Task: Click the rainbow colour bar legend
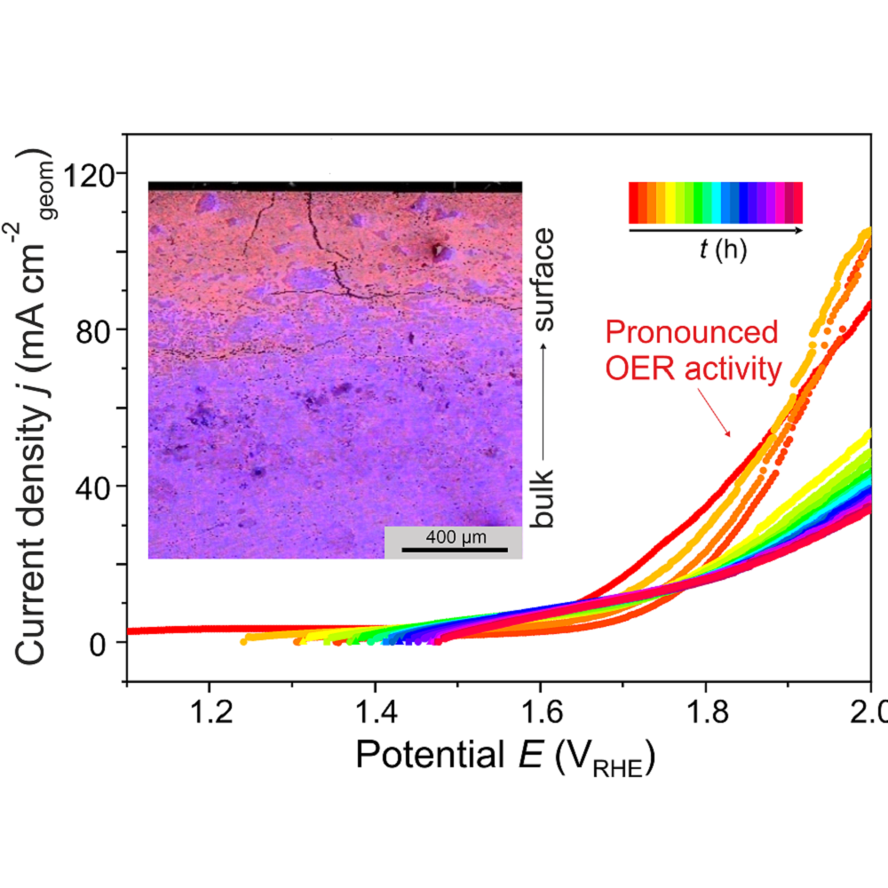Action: coord(716,202)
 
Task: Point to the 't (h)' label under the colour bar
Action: coord(722,250)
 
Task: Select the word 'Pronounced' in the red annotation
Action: coord(692,334)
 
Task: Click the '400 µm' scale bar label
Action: coord(453,537)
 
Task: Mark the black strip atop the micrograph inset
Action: coord(335,186)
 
